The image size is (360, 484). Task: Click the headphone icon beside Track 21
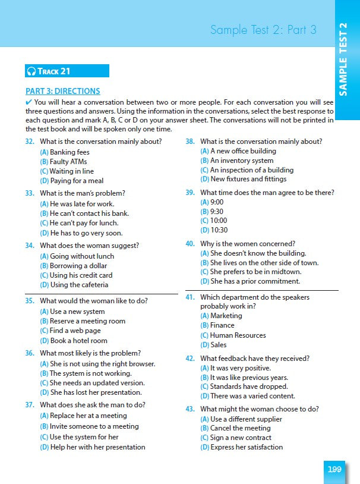click(31, 71)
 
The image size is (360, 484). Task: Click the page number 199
click(335, 469)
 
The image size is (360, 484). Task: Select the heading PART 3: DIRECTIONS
click(63, 91)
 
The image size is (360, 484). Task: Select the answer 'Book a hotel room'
click(74, 341)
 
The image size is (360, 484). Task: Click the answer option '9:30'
click(214, 211)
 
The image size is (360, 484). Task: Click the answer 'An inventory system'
click(237, 161)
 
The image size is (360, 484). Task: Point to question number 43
click(190, 409)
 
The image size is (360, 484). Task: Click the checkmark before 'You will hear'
click(29, 102)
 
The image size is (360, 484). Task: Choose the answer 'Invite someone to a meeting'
click(89, 426)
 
